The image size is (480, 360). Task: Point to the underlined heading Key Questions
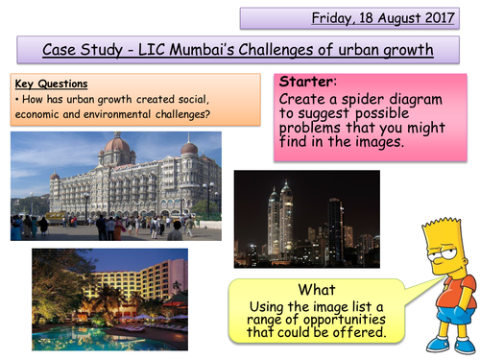click(45, 84)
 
